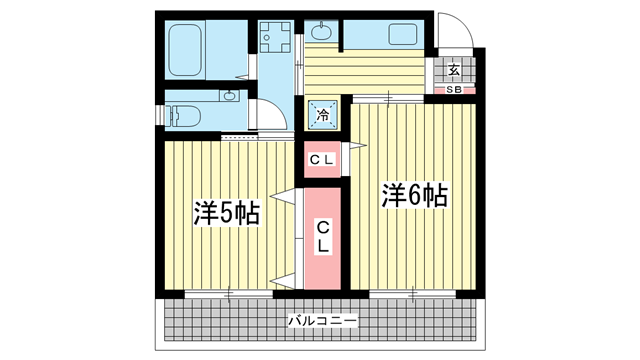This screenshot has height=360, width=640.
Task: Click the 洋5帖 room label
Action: click(227, 213)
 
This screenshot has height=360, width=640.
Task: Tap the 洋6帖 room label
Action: click(415, 195)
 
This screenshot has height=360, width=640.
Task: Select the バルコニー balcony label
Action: click(322, 320)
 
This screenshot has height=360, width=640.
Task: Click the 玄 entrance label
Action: click(453, 70)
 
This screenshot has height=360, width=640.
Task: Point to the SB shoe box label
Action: click(453, 90)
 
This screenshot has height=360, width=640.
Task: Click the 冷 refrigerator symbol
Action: click(322, 115)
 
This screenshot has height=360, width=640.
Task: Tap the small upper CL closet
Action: click(322, 160)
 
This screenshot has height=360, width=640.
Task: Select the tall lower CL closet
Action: click(322, 239)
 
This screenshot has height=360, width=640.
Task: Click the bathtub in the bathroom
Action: click(185, 50)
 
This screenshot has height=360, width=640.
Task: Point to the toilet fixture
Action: click(183, 116)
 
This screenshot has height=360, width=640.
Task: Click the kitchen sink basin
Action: click(403, 34)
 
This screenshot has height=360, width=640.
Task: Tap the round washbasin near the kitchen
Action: click(322, 32)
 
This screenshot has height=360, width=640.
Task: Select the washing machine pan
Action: click(276, 37)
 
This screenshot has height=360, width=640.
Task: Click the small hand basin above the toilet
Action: click(230, 96)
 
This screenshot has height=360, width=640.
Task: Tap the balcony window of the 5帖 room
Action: click(229, 294)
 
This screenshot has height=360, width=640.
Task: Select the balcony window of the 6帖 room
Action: click(413, 294)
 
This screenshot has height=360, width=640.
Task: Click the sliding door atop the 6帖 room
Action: click(388, 98)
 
